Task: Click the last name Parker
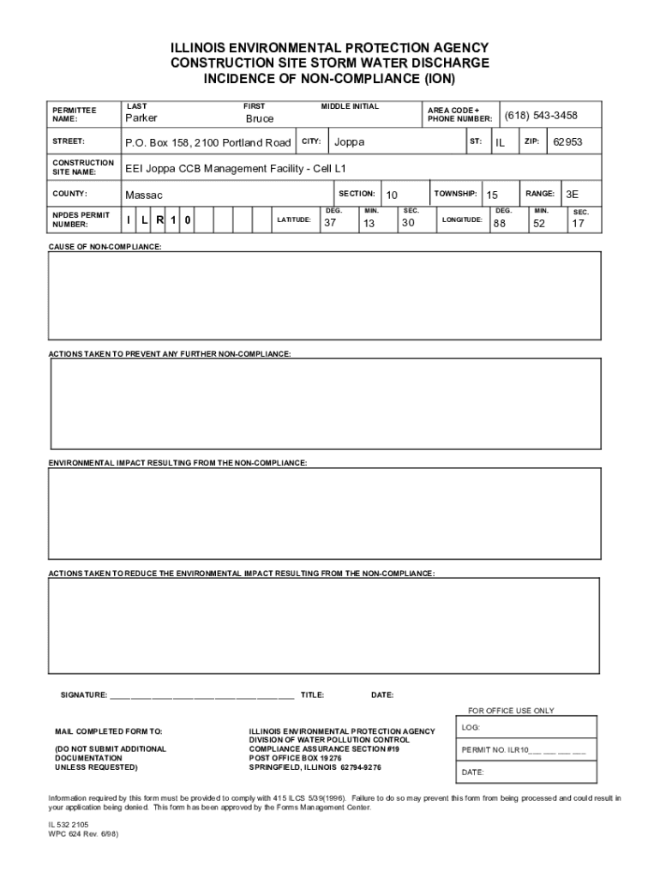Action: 141,118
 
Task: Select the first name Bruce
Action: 260,119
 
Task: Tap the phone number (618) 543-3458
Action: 540,116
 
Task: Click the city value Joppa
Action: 349,142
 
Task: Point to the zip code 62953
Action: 567,142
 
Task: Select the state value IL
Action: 500,143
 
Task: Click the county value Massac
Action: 144,196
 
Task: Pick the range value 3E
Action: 573,195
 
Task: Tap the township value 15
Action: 492,196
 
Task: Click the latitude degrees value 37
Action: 330,224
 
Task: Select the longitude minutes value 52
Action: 539,224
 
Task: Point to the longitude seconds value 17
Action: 579,225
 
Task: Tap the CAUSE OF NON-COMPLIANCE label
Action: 105,247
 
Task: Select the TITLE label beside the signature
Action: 312,695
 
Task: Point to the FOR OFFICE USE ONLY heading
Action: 511,711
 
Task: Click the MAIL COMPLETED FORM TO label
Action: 108,731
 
